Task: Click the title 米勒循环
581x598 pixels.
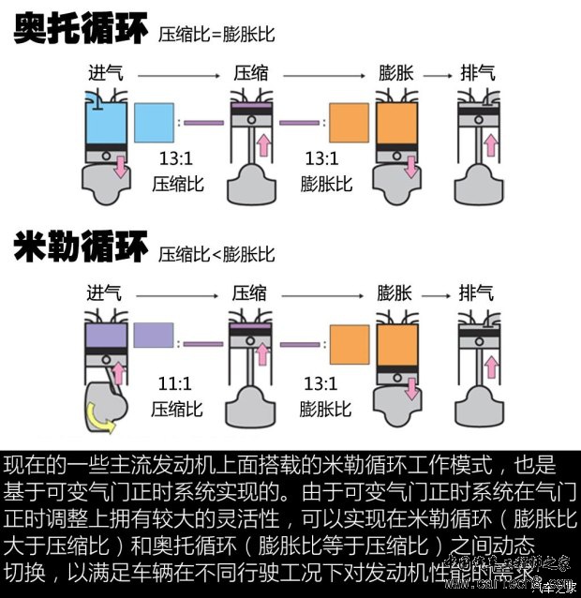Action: point(81,249)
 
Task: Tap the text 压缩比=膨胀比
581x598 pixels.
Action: point(216,35)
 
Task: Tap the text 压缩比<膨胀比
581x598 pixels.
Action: point(216,254)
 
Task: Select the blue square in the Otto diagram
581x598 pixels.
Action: point(156,123)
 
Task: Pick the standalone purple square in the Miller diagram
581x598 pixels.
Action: point(154,336)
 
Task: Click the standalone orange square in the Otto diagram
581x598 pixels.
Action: point(348,123)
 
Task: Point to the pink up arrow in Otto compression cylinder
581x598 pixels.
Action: point(263,145)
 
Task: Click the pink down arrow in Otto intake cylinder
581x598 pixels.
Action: point(119,170)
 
